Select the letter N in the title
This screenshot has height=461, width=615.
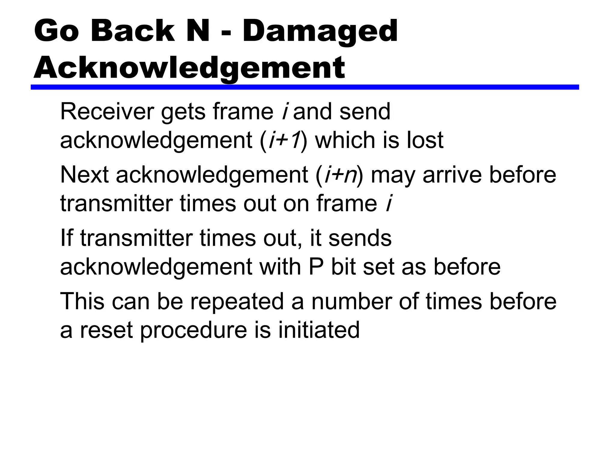pyautogui.click(x=198, y=31)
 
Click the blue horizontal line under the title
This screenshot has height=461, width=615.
pyautogui.click(x=305, y=87)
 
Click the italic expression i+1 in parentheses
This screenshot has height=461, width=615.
pyautogui.click(x=285, y=140)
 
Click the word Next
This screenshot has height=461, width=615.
pyautogui.click(x=84, y=175)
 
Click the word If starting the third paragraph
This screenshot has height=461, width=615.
pyautogui.click(x=66, y=238)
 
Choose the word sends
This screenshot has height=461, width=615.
pyautogui.click(x=360, y=238)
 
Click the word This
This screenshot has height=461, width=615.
pyautogui.click(x=82, y=301)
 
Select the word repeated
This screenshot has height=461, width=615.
pyautogui.click(x=237, y=301)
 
